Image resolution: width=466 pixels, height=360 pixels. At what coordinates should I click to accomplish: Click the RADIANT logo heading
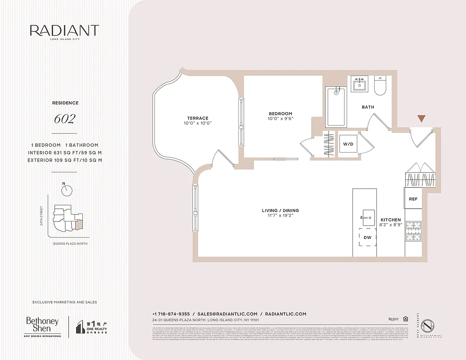point(64,31)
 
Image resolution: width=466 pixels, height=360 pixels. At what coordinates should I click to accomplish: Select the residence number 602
point(64,119)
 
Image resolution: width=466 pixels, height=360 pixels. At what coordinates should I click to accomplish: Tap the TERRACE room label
point(198,118)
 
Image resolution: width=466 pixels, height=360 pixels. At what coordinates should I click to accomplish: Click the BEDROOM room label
point(281,114)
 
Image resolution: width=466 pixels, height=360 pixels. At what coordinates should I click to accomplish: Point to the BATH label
point(368,107)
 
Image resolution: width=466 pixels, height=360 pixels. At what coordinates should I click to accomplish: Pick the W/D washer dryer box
point(348,144)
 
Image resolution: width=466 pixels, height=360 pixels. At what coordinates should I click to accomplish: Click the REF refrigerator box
point(413,199)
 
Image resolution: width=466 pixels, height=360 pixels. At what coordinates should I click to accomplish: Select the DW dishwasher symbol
point(367,237)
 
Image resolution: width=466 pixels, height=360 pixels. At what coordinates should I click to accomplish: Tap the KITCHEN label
point(390,220)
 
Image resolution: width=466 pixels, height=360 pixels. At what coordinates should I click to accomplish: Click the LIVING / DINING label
point(281,211)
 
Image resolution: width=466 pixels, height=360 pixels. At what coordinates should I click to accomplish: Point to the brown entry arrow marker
point(421,118)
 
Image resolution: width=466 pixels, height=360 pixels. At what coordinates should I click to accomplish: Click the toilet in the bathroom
point(380,85)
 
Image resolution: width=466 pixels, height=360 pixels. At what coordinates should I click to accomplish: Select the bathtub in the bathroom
point(336,107)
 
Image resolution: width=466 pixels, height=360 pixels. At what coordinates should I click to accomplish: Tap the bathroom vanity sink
point(359,84)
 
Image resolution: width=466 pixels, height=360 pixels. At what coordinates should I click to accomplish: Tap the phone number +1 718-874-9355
point(171,314)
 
